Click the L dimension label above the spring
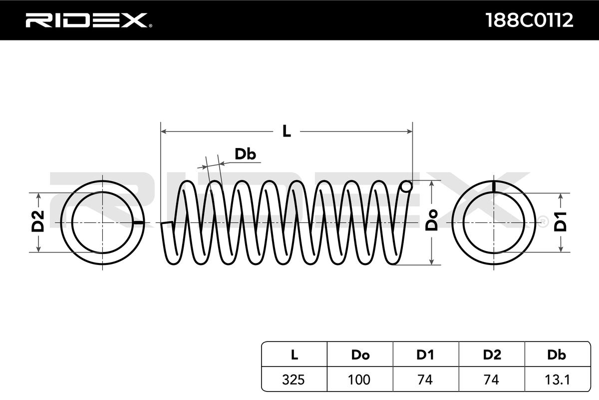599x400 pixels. click(x=286, y=131)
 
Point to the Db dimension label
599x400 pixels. click(x=245, y=154)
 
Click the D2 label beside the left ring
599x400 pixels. click(x=38, y=221)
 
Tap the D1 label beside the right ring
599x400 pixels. click(x=561, y=221)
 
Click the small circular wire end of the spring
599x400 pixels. click(x=407, y=187)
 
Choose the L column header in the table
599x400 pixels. click(x=294, y=355)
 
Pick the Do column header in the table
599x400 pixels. click(x=360, y=355)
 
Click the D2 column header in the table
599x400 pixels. click(x=492, y=355)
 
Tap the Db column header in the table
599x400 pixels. click(x=557, y=355)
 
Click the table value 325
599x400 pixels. click(x=294, y=379)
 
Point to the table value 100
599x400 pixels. click(x=360, y=379)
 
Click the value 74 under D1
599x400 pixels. click(x=425, y=379)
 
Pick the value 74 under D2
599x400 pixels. click(x=492, y=379)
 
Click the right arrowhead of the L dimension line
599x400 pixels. click(x=410, y=131)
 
